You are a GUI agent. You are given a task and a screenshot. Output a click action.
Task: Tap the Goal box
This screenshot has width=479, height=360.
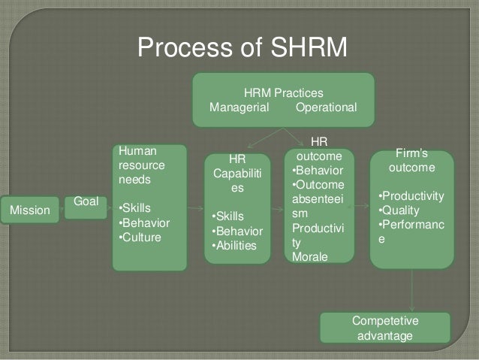point(86,203)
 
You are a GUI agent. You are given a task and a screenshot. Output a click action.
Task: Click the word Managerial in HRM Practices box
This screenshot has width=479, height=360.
point(239,108)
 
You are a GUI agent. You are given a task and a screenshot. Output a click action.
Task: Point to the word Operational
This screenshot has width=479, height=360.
point(327,108)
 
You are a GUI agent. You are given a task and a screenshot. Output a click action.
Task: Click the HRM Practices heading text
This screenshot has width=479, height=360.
point(284,93)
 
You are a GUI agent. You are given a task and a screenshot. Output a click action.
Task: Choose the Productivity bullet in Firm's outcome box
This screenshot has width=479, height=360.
point(412,196)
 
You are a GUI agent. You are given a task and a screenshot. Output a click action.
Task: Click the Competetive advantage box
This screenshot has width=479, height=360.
point(385,328)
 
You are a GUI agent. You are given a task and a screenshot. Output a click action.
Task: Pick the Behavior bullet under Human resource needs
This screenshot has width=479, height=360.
point(145,222)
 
